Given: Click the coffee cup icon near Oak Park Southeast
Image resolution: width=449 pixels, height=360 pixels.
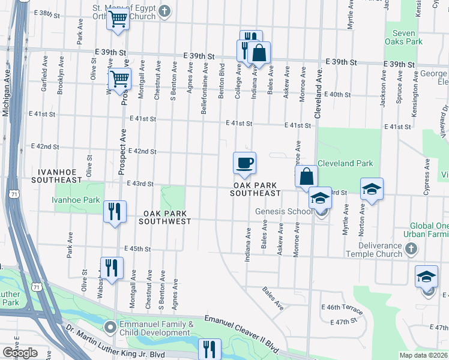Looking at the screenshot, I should point(244,163).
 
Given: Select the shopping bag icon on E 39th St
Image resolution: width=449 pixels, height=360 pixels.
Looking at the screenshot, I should point(259,53).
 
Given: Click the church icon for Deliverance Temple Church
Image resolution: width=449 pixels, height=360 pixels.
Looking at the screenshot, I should point(411,248).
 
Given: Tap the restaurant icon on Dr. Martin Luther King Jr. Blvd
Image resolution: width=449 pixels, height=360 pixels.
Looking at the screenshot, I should point(209,349).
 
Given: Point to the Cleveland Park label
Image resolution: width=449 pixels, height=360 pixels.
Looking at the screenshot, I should point(345,163).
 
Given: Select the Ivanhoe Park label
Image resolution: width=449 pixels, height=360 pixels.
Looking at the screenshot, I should point(76,200).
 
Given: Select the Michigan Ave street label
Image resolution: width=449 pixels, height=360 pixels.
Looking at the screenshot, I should point(6,96).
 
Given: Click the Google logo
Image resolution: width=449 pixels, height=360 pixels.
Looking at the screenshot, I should point(20,353).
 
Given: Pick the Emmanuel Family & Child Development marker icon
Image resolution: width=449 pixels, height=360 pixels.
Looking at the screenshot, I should point(110,328).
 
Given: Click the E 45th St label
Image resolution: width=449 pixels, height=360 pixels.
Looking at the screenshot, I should point(137,248).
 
